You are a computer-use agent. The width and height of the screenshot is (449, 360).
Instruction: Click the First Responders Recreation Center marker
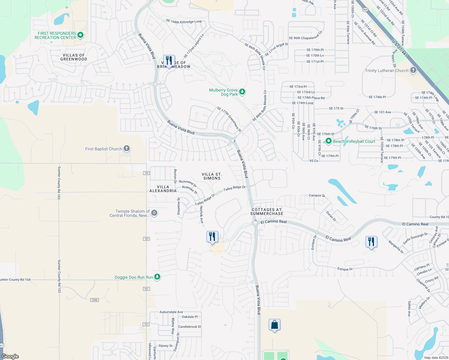click(80, 35)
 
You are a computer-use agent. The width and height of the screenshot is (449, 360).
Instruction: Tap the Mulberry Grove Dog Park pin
click(242, 92)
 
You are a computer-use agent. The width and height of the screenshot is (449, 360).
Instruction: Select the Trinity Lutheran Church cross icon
click(413, 70)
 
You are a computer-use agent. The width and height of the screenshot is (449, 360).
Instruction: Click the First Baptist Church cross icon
click(127, 148)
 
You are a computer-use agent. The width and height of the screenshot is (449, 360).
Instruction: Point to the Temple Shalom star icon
click(154, 213)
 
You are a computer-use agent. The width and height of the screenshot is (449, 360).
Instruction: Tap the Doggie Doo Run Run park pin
click(157, 277)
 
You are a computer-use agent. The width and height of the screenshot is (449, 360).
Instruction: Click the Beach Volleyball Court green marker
click(329, 141)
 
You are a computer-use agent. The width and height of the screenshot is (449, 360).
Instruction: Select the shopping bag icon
click(275, 325)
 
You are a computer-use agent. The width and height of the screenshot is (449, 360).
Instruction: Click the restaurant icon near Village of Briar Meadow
click(169, 61)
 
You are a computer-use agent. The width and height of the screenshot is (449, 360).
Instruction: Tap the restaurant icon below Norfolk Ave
click(212, 237)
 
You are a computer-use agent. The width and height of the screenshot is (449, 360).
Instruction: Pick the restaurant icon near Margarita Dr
click(371, 241)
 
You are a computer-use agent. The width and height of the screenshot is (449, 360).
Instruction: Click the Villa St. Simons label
click(212, 176)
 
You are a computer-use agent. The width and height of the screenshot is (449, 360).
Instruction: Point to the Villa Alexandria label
click(163, 189)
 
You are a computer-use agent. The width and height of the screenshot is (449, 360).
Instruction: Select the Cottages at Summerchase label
click(267, 211)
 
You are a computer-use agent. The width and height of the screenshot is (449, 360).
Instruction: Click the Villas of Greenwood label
click(74, 57)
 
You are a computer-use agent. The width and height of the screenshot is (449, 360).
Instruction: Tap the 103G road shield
click(95, 300)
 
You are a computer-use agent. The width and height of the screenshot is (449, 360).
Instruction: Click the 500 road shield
click(365, 10)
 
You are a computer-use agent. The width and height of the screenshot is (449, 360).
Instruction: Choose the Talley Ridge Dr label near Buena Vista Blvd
click(234, 188)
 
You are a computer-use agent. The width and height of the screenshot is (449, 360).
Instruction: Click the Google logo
click(10, 356)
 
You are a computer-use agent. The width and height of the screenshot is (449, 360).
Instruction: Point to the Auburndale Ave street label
click(171, 312)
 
